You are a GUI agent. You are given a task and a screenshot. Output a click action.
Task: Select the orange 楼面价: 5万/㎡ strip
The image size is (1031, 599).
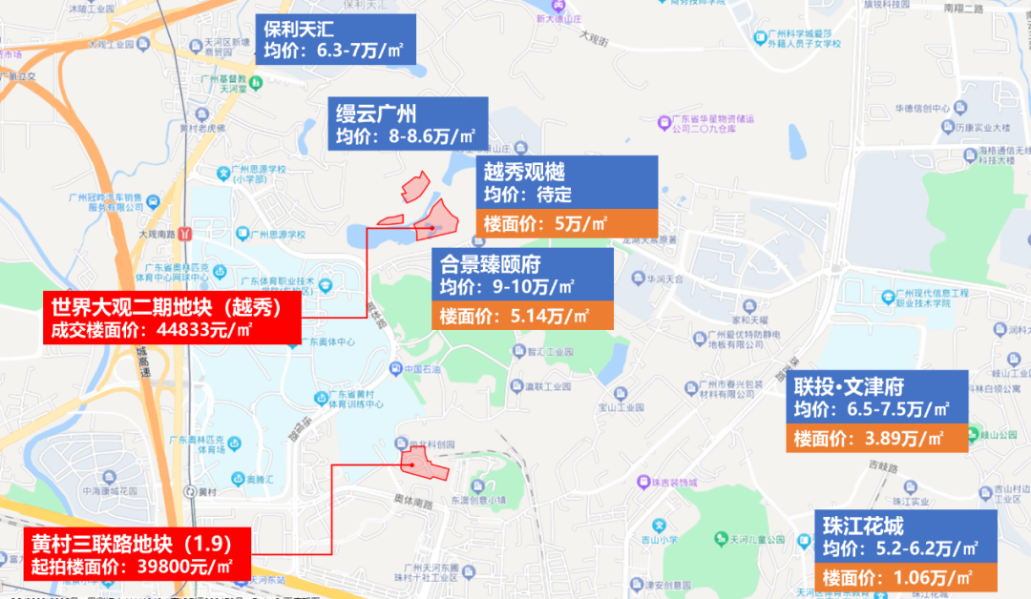pyautogui.click(x=567, y=223)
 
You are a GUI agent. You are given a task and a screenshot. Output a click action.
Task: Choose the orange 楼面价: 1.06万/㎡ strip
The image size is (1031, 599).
pyautogui.click(x=906, y=576)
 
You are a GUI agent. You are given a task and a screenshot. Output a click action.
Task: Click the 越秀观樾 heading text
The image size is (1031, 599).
pyautogui.click(x=524, y=172)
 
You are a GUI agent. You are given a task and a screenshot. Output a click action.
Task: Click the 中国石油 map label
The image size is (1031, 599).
pyautogui.click(x=419, y=369)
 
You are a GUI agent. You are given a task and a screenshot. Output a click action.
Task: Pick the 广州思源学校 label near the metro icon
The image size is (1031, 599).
pyautogui.click(x=277, y=234)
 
